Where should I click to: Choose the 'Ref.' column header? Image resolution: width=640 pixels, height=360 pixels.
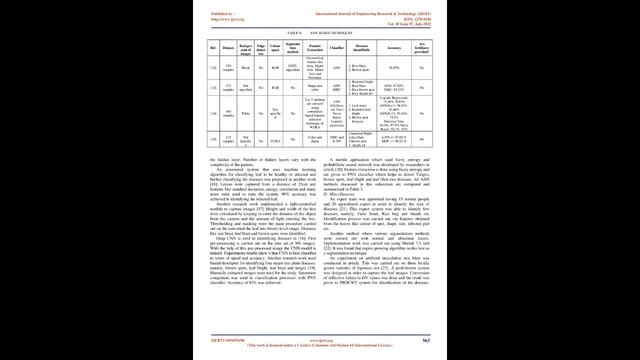coord(212,48)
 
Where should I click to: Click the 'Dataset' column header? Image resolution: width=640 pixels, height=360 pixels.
coord(229,48)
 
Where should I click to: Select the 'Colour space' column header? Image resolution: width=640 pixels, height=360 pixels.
coord(274,48)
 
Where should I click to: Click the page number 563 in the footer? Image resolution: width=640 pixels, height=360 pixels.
coord(425,342)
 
